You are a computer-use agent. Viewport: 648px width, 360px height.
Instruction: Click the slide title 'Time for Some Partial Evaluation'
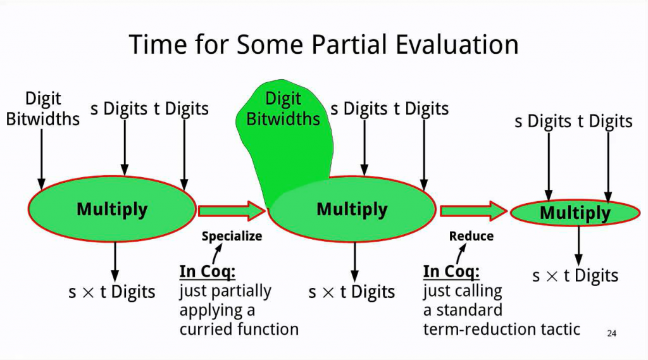(x=323, y=44)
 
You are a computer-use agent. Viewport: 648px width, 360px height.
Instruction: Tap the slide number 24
(x=611, y=333)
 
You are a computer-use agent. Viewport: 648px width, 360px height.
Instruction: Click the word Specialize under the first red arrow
(x=231, y=236)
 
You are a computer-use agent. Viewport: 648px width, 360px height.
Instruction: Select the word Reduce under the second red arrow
(x=471, y=236)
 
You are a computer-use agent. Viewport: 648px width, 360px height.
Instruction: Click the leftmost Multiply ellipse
(x=112, y=209)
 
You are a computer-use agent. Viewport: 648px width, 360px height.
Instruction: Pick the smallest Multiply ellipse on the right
(x=575, y=213)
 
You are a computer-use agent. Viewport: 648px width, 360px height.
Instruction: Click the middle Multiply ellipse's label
(x=352, y=209)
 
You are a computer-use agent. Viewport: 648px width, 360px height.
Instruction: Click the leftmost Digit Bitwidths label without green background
(x=43, y=108)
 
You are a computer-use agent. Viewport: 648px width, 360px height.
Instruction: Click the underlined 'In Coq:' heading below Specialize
(x=208, y=271)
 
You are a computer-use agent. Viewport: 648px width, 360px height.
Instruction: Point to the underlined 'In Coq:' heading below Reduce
(x=451, y=271)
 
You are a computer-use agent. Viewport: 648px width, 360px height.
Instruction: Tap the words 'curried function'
(x=239, y=329)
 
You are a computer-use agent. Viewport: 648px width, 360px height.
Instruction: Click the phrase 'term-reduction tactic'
(x=501, y=329)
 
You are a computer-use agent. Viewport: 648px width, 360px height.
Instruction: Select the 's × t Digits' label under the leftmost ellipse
(x=111, y=292)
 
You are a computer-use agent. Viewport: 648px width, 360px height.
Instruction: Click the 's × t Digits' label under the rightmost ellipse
(x=575, y=276)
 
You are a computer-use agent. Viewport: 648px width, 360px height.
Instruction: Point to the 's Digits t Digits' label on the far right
(x=573, y=121)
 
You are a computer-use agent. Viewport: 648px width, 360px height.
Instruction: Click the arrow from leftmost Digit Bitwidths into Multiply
(x=42, y=158)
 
